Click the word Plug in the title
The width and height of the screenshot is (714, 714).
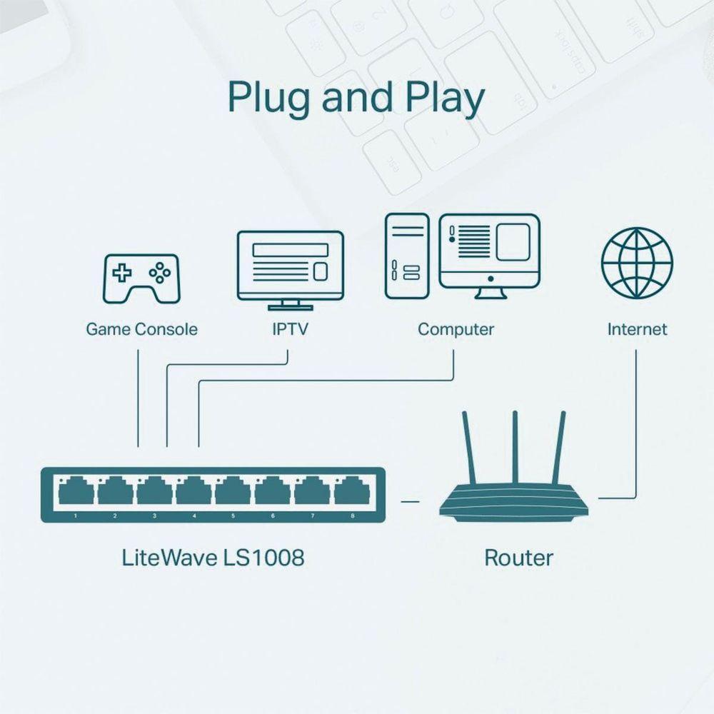click(x=268, y=99)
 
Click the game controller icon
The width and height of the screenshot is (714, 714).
click(x=142, y=278)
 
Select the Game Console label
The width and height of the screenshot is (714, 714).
click(x=141, y=329)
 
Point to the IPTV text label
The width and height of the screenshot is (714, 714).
click(x=290, y=329)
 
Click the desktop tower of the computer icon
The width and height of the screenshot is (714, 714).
click(x=408, y=256)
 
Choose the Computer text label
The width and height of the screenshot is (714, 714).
click(x=456, y=329)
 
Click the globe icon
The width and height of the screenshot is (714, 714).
click(x=637, y=263)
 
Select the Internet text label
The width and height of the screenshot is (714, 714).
click(x=637, y=329)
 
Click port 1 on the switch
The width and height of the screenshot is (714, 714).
click(x=76, y=492)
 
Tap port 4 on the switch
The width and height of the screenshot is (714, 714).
click(x=193, y=492)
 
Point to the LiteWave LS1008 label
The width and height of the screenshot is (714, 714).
click(x=213, y=557)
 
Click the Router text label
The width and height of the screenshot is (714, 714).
click(x=518, y=557)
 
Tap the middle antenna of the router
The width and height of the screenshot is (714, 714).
click(x=514, y=450)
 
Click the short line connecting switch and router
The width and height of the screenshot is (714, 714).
click(x=410, y=501)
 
